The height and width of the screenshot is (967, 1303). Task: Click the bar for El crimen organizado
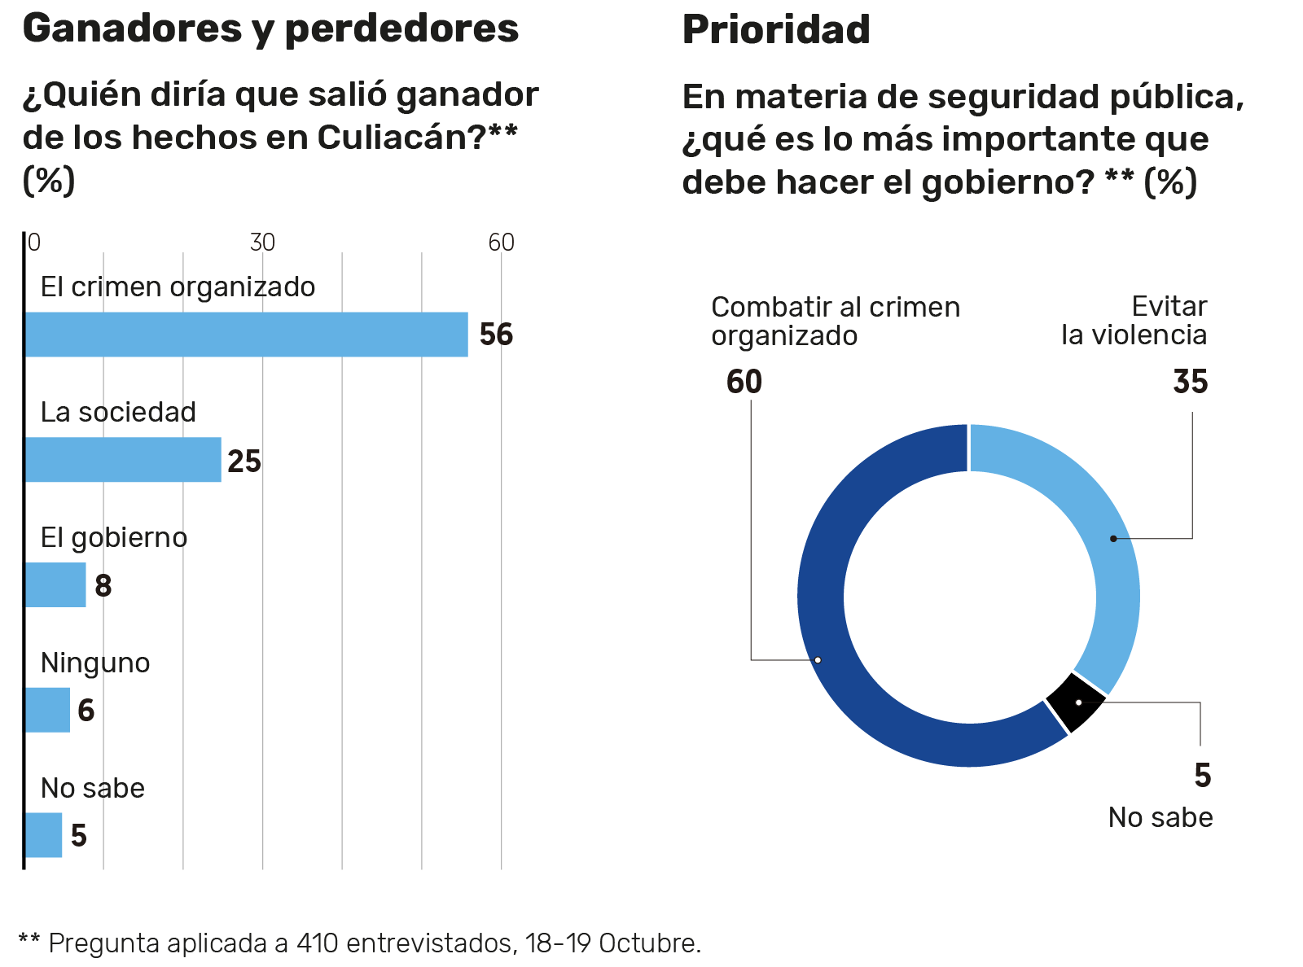pos(246,335)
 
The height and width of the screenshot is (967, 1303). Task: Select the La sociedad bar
pos(123,460)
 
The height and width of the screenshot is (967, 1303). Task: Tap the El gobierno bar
pos(55,585)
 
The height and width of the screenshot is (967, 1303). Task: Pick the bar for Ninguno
pos(47,710)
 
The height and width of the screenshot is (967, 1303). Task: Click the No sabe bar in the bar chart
pos(43,835)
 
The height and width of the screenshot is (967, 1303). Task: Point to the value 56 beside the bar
pos(496,335)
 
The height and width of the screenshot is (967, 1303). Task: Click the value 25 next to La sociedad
pos(244,462)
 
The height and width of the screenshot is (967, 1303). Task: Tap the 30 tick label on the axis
pos(262,243)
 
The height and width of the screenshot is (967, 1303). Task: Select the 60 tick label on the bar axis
pos(501,243)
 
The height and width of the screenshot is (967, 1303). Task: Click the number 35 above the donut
pos(1190,382)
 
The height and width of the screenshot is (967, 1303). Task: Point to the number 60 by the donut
pos(744,382)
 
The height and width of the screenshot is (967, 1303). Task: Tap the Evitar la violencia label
pos(1134,321)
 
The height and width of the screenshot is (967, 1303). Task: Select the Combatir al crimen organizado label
pos(835,321)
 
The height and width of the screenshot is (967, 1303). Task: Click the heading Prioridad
pos(776,30)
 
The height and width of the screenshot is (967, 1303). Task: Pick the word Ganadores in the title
pos(132,28)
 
